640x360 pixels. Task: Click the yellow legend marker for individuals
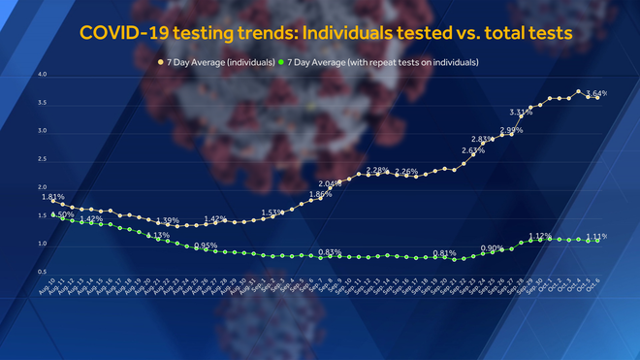coord(161,62)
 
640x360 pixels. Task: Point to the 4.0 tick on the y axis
coord(42,75)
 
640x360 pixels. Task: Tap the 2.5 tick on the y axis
coord(42,159)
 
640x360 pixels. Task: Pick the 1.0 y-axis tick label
coord(42,245)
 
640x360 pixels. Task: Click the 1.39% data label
coord(168,220)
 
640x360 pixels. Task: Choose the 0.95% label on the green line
coord(206,245)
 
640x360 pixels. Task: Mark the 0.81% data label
coord(444,253)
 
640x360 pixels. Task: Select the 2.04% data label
coord(331,184)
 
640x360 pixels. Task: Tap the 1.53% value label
coord(272,213)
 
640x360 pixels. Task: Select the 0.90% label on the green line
coord(492,247)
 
